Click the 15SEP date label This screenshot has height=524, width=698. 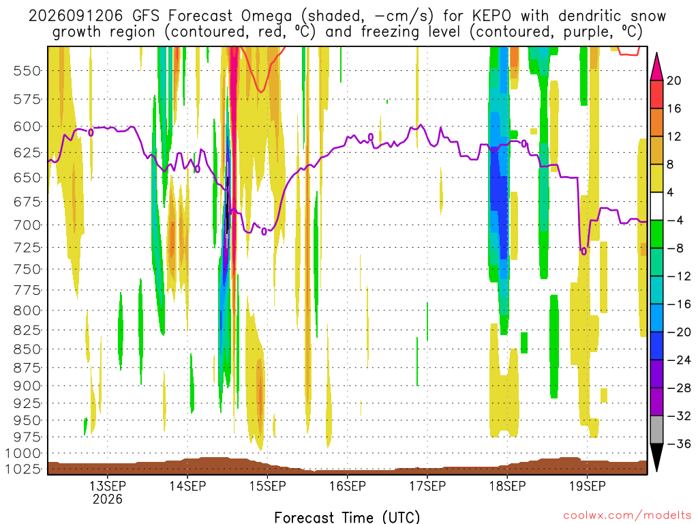267,486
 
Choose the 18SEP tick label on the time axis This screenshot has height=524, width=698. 507,486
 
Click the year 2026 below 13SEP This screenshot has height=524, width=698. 107,499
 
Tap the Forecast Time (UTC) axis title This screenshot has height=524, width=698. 347,517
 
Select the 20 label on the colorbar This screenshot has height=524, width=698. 674,81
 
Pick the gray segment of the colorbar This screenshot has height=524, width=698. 656,430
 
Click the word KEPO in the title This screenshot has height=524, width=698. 492,16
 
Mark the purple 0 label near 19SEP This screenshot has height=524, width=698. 583,252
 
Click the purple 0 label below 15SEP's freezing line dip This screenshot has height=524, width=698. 264,232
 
